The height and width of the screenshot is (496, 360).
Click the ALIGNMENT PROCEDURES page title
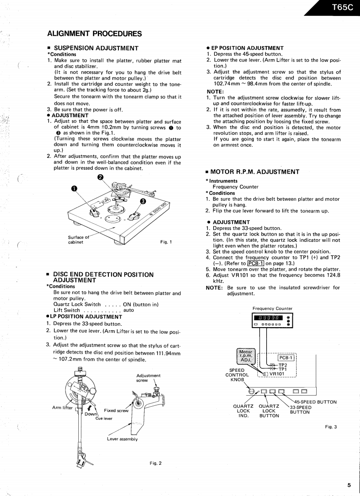coord(94,34)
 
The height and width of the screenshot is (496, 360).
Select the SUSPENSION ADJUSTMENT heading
coord(96,48)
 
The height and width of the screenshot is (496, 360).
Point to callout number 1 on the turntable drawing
coord(74,188)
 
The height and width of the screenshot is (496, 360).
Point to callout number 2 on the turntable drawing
coord(100,177)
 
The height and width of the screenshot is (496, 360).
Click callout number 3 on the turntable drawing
coord(143,202)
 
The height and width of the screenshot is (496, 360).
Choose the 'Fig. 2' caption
coord(155,463)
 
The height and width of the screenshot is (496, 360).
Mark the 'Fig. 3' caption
coord(331,427)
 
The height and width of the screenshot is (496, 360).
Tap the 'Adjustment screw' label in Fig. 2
coord(148,378)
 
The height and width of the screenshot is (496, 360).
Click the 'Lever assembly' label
coord(122,439)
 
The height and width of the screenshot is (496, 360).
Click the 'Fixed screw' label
coord(116,410)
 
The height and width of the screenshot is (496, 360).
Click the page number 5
coord(349,485)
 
